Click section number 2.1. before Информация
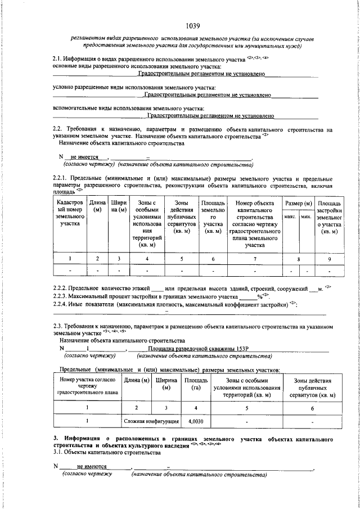pos(58,58)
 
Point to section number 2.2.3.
pos(62,296)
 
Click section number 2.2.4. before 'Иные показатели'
pos(62,304)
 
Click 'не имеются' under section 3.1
pos(92,466)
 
